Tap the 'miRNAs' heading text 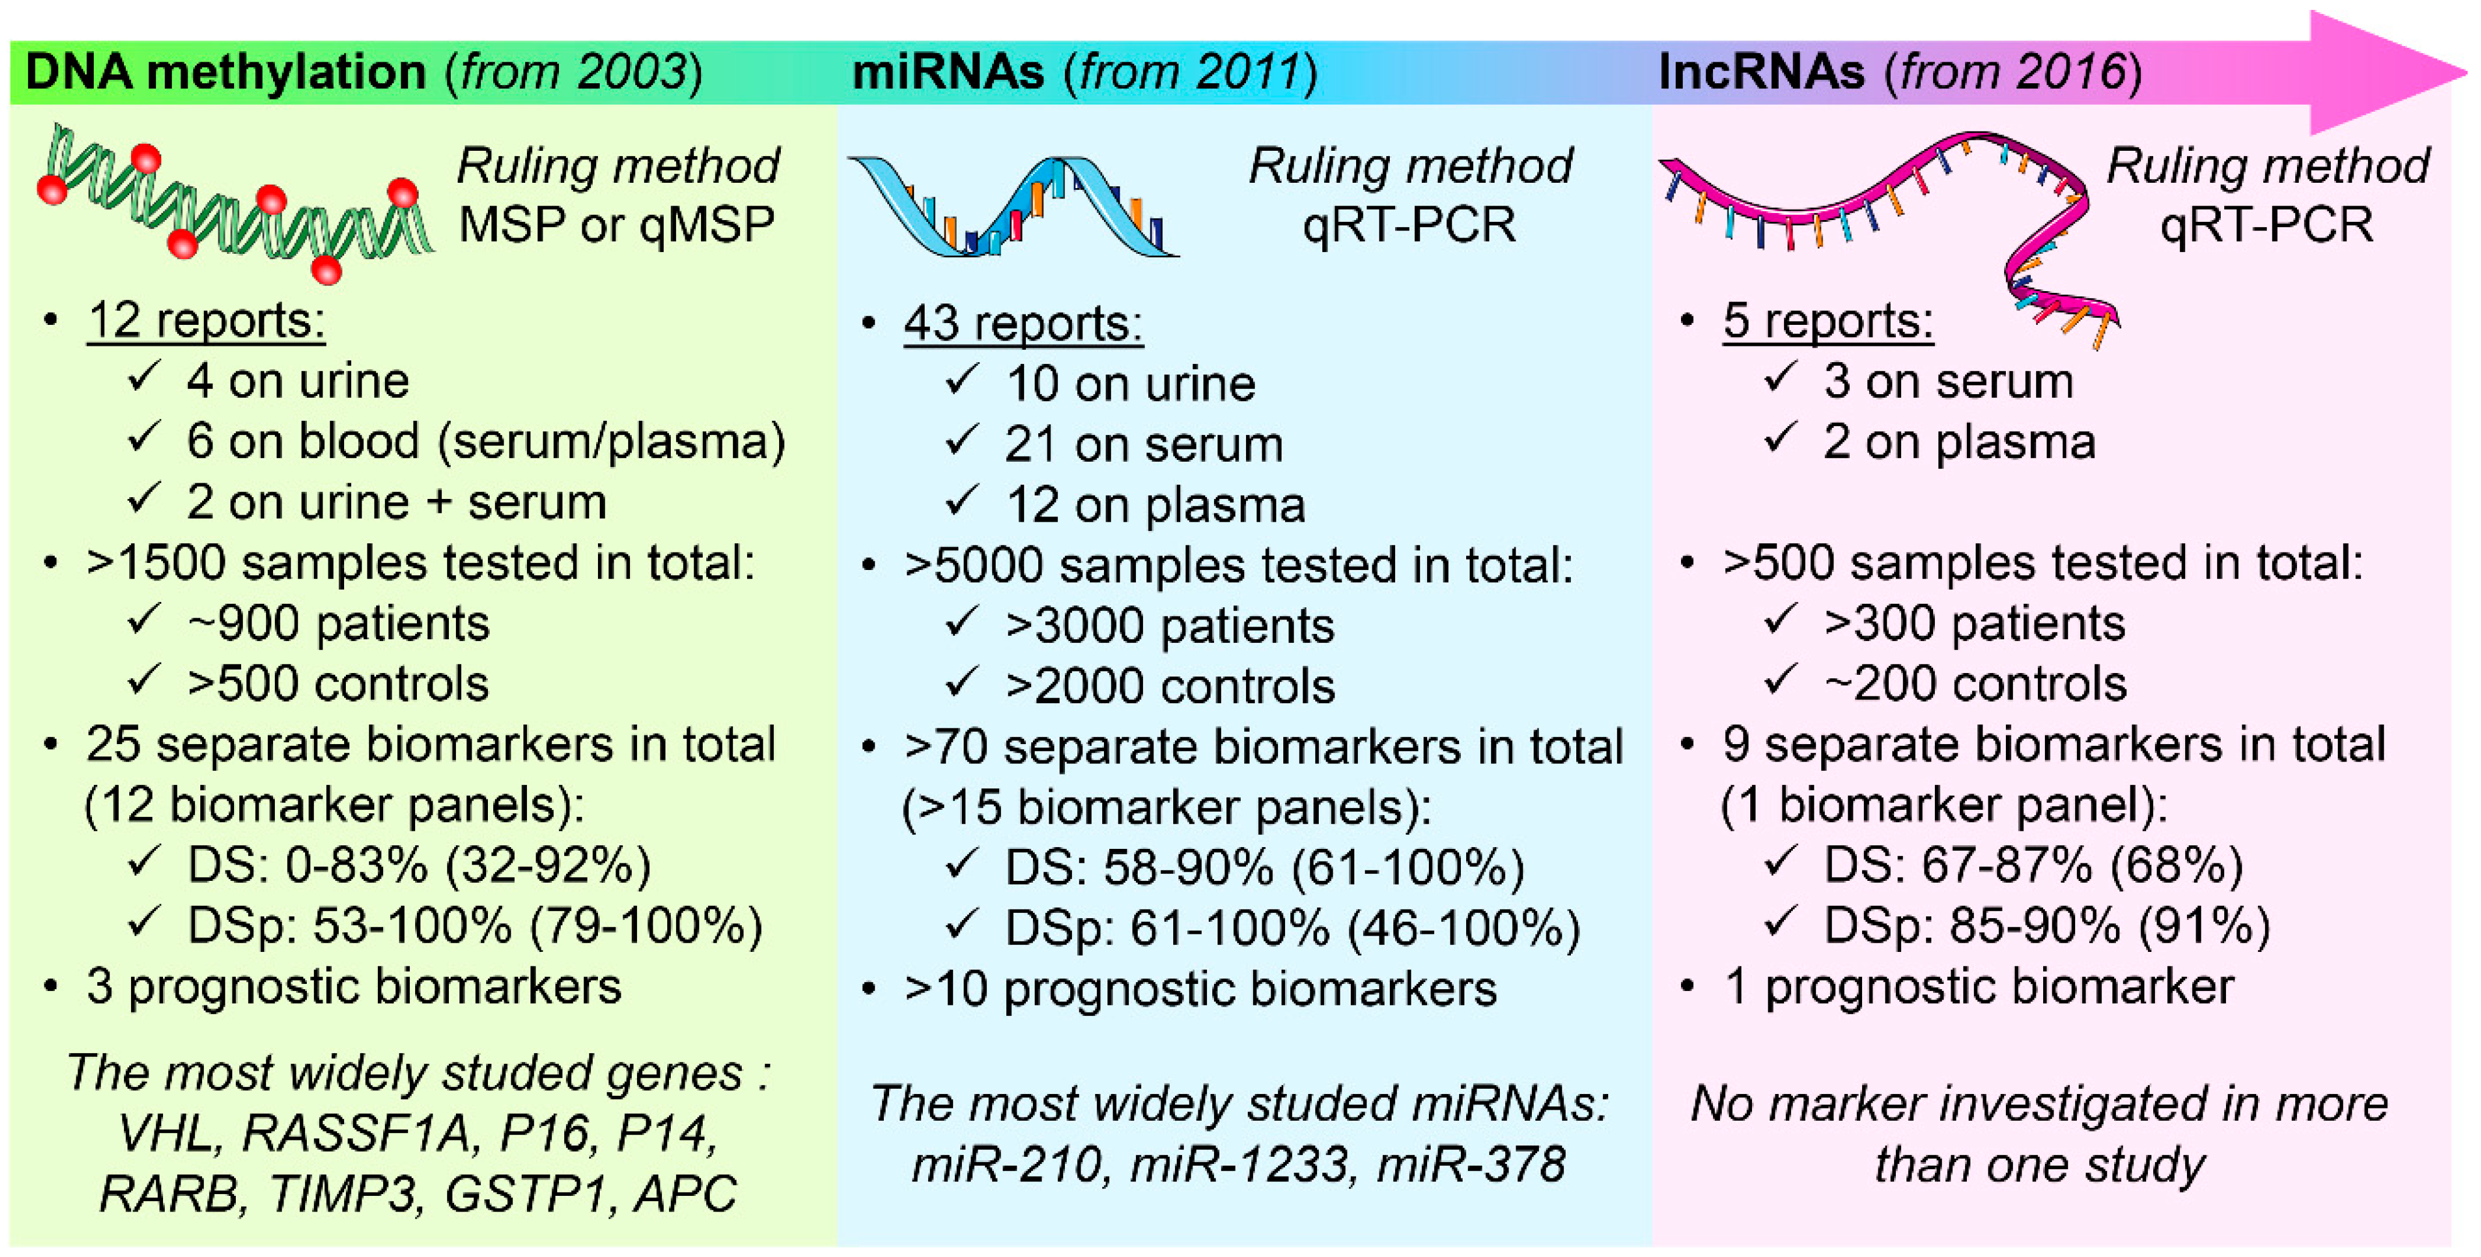click(948, 72)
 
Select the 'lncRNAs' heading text click(1761, 72)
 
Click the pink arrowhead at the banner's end click(2379, 72)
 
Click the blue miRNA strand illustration click(1011, 207)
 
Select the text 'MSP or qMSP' click(617, 224)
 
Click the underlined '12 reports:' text click(206, 321)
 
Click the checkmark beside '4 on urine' click(143, 378)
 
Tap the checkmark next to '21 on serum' click(961, 441)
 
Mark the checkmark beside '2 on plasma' click(1780, 438)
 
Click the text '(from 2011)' click(1190, 72)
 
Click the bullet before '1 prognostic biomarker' click(1687, 986)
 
